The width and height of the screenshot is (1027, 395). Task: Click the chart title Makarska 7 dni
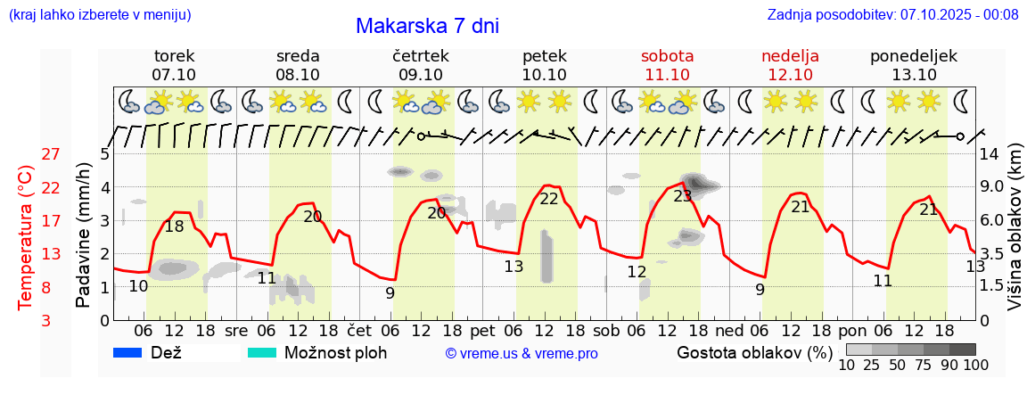click(427, 26)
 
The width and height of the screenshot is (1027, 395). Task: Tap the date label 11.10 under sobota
click(667, 75)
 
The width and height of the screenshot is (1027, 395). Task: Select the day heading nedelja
click(790, 56)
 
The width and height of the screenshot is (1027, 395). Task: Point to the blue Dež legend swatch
click(129, 352)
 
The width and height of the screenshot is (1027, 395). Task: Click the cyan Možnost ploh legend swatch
click(262, 352)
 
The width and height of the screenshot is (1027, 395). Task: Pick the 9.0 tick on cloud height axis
click(993, 187)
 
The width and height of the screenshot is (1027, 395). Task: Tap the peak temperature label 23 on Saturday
click(683, 196)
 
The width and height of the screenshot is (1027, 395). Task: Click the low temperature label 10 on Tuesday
click(138, 286)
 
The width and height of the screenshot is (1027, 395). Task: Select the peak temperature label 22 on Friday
click(548, 199)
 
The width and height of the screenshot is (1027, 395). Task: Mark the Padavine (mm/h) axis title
click(84, 235)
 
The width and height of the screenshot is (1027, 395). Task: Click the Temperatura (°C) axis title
click(26, 238)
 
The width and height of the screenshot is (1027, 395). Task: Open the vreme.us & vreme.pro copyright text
click(522, 353)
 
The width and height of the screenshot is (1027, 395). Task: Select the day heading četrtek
click(420, 56)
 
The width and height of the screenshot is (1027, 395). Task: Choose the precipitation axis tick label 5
click(104, 153)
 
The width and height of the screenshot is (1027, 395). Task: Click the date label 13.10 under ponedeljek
click(914, 75)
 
